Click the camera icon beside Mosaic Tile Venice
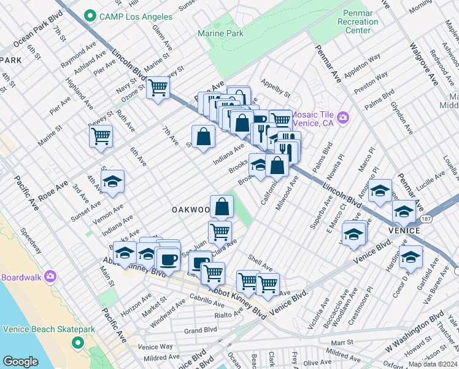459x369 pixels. click(343, 117)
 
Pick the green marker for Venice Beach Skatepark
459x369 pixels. click(77, 342)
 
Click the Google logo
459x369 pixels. click(20, 362)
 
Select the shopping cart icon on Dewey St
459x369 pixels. click(101, 135)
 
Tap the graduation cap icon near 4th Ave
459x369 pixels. click(112, 181)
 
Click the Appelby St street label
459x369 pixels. click(275, 87)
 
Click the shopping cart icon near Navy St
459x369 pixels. click(158, 87)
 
